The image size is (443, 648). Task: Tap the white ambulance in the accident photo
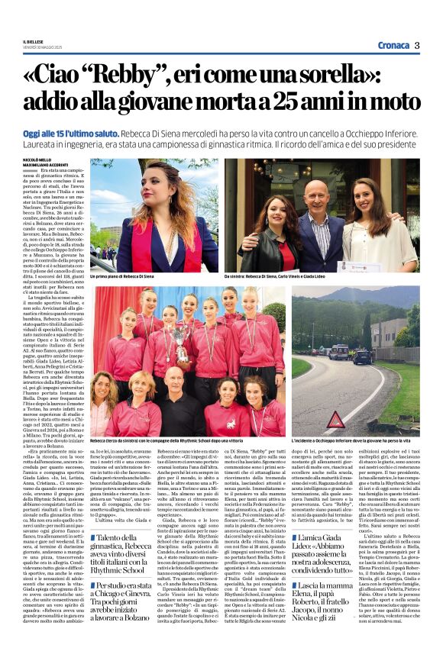338,351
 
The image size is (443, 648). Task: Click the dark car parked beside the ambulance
361,356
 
